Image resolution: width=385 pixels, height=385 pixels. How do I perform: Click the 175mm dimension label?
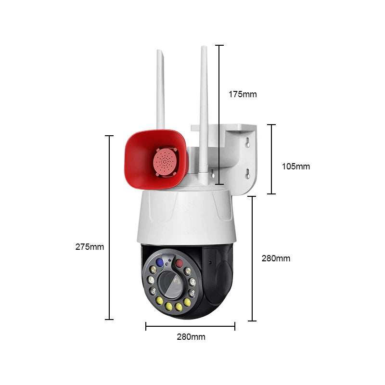243,94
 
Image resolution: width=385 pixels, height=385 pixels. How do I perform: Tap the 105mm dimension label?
295,167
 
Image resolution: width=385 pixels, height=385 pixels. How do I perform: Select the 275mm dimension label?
90,247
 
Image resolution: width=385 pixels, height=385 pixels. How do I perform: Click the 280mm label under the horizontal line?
191,336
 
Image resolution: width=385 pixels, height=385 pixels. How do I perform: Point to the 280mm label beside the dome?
276,258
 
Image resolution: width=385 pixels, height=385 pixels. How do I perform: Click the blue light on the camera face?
160,262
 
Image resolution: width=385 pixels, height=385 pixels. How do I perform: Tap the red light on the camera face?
179,263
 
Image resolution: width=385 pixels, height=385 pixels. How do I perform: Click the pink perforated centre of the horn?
165,161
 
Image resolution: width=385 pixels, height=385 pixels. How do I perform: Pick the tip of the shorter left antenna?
159,50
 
